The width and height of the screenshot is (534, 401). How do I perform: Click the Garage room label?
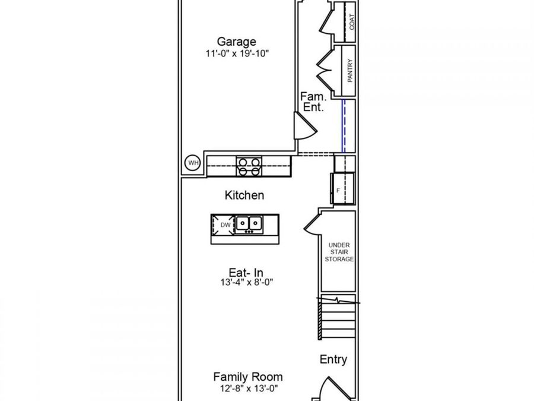tap(236, 42)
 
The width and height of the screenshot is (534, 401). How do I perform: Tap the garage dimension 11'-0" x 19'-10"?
tap(237, 53)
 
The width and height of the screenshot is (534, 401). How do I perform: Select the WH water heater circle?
tap(193, 163)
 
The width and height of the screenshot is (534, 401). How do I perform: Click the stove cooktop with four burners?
tap(249, 166)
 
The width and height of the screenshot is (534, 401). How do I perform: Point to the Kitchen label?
tap(244, 195)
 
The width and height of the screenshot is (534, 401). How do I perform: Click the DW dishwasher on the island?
tap(223, 225)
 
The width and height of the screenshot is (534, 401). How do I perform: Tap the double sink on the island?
tap(249, 224)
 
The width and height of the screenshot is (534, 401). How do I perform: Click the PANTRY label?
tap(349, 71)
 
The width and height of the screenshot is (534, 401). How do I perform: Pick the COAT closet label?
tap(352, 22)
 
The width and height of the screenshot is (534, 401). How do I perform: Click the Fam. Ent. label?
tap(313, 102)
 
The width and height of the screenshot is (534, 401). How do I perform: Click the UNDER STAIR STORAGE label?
tap(339, 252)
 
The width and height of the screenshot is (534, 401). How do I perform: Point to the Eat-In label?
tap(246, 273)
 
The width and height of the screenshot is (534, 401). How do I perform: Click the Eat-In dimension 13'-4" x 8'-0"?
tap(247, 282)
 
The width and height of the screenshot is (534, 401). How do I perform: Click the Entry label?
tap(333, 359)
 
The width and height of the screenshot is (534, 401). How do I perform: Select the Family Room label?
tap(248, 377)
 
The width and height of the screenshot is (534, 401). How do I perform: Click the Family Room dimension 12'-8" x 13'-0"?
tap(249, 389)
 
